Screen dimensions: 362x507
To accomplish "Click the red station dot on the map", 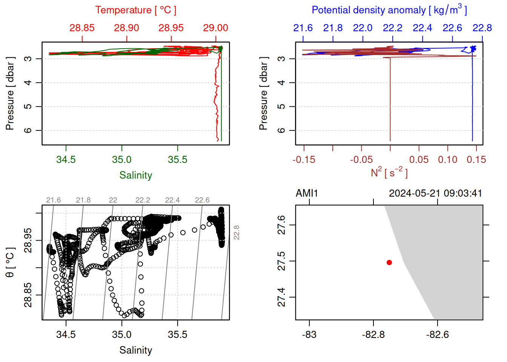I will pyautogui.click(x=389, y=262).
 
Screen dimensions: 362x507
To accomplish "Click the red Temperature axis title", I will pyautogui.click(x=136, y=10).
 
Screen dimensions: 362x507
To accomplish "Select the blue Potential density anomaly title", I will pyautogui.click(x=389, y=10).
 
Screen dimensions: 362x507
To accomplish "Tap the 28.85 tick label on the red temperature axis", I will pyautogui.click(x=82, y=28).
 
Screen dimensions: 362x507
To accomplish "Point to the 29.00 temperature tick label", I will pyautogui.click(x=215, y=28).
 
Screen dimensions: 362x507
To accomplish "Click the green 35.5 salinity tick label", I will pyautogui.click(x=177, y=160).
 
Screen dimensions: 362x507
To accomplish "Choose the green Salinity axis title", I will pyautogui.click(x=136, y=175).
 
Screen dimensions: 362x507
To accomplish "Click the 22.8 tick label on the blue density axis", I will pyautogui.click(x=482, y=28).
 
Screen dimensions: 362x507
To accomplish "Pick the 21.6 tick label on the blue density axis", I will pyautogui.click(x=303, y=28).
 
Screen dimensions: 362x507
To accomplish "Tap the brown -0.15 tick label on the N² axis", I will pyautogui.click(x=304, y=160).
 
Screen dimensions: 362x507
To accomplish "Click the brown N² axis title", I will pyautogui.click(x=389, y=173).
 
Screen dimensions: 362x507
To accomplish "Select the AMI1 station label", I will pyautogui.click(x=307, y=193).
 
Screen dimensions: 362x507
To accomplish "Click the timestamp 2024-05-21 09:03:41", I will pyautogui.click(x=435, y=193).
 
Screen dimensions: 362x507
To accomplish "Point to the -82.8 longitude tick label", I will pyautogui.click(x=373, y=334).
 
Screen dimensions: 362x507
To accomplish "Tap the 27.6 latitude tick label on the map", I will pyautogui.click(x=281, y=225).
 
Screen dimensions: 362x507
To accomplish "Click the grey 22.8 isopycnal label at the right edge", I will pyautogui.click(x=237, y=232).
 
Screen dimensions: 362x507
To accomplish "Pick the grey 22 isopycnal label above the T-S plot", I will pyautogui.click(x=113, y=200).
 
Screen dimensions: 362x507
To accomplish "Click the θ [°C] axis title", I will pyautogui.click(x=10, y=262).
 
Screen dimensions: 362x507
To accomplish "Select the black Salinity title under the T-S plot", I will pyautogui.click(x=136, y=350).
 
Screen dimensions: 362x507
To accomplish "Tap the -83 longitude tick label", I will pyautogui.click(x=309, y=334).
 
